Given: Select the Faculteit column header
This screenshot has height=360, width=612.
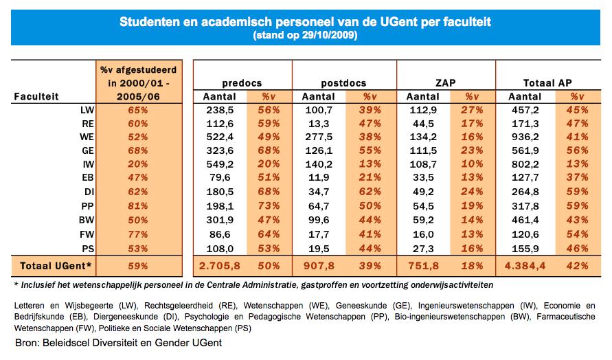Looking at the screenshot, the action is coord(36,96).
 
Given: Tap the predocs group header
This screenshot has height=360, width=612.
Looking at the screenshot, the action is coord(242,83).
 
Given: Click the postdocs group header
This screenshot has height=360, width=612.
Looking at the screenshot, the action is coord(343,83).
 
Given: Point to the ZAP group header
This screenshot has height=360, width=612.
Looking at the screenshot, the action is coord(445,82).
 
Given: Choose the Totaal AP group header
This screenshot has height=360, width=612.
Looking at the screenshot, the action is coord(547,82).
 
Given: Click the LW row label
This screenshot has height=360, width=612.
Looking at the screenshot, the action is coord(87,110).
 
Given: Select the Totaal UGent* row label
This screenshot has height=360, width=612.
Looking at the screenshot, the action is coord(56,266).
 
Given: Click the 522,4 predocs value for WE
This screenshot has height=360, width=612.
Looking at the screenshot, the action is coord(219,137).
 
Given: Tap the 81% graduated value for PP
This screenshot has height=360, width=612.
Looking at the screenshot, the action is coord(138,206).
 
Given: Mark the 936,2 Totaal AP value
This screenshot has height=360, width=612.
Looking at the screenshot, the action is coord(525,137).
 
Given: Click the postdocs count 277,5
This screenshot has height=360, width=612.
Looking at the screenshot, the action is coord(319,137).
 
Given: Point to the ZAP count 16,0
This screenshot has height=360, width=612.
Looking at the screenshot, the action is coord(423,234).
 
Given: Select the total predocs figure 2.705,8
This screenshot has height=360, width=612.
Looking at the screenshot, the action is coord(219,266).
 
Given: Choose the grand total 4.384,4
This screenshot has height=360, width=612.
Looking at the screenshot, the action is coord(525,266).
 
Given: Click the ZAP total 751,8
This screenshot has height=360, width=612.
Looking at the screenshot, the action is coord(423,266).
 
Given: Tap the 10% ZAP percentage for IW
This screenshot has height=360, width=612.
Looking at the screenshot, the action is coord(471,164).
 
